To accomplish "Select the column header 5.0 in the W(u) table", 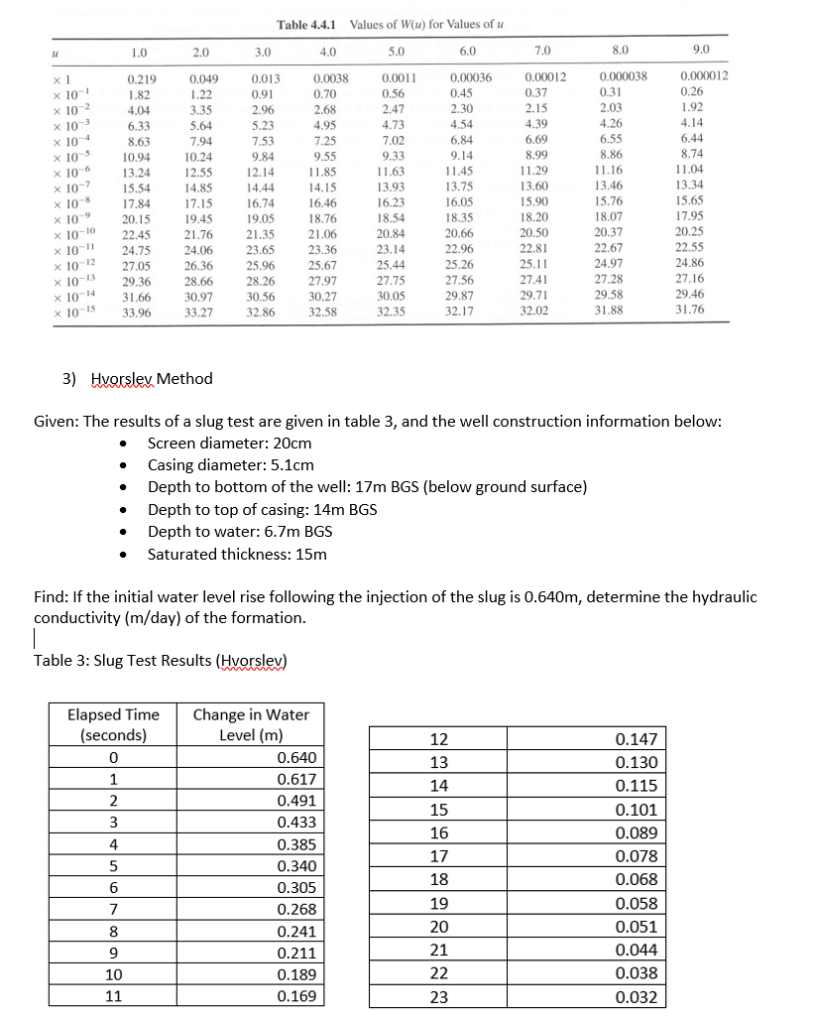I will pyautogui.click(x=396, y=51).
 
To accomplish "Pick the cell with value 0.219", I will pyautogui.click(x=141, y=76).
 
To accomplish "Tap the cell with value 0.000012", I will pyautogui.click(x=706, y=76).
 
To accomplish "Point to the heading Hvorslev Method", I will pyautogui.click(x=151, y=379).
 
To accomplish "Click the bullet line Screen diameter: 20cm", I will pyautogui.click(x=229, y=443).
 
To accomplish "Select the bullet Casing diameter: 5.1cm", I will pyautogui.click(x=230, y=464).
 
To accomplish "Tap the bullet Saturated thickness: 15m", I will pyautogui.click(x=237, y=554).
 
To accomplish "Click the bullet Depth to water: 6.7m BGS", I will pyautogui.click(x=240, y=532).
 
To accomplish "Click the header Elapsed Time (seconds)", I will pyautogui.click(x=113, y=724).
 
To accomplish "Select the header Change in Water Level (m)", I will pyautogui.click(x=250, y=724).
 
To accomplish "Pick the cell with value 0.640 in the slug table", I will pyautogui.click(x=296, y=758).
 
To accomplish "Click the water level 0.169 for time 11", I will pyautogui.click(x=296, y=996).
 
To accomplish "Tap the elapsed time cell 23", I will pyautogui.click(x=439, y=997).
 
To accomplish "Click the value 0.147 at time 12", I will pyautogui.click(x=636, y=739).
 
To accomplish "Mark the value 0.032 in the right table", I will pyautogui.click(x=636, y=997).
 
